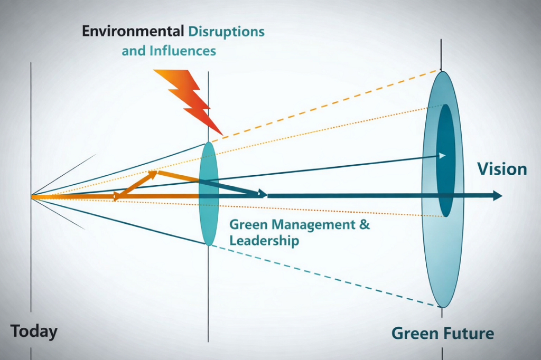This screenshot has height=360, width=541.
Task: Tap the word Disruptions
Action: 226,31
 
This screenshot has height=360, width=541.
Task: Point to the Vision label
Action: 502,169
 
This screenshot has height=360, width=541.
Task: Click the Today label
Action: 34,332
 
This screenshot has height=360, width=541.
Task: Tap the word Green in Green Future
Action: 415,334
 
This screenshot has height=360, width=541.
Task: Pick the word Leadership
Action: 264,241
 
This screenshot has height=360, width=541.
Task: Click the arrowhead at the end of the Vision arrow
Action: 497,196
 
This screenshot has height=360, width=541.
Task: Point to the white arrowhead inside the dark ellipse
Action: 442,156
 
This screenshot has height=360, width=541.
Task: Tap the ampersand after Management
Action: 364,224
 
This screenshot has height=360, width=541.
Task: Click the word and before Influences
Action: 133,51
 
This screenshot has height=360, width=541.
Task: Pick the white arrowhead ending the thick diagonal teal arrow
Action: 261,194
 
